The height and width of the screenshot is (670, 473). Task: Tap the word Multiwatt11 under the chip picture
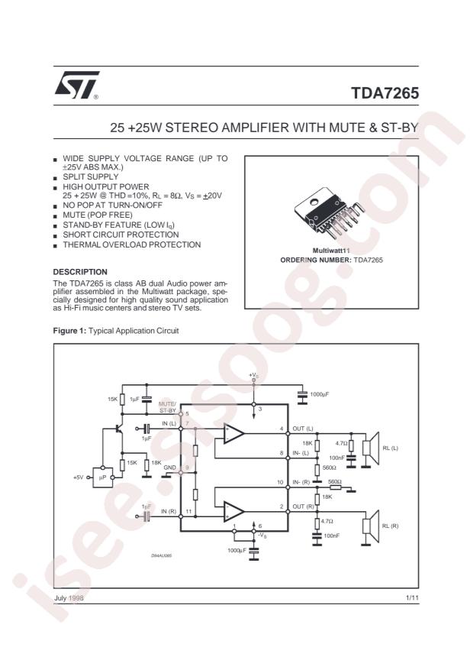(331, 251)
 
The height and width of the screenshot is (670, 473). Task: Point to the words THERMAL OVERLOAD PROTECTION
(131, 244)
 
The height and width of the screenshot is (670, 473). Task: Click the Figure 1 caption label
(73, 331)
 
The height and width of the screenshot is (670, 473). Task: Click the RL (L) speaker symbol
(372, 448)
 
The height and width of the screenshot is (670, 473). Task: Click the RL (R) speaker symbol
(372, 526)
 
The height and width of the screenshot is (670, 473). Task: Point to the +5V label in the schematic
(77, 477)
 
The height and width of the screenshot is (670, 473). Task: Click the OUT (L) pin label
(303, 429)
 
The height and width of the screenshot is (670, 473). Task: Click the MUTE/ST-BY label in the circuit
(167, 406)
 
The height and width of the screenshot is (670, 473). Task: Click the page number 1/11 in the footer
(411, 598)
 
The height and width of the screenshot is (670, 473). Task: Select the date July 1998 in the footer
(69, 598)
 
